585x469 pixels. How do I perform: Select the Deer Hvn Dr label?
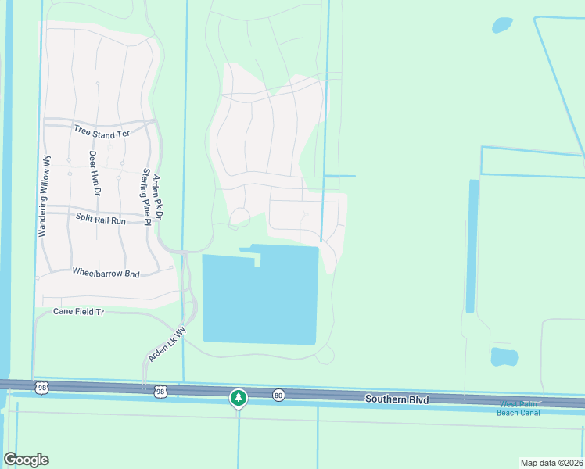[x=95, y=174]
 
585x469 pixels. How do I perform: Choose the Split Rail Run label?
[x=100, y=220]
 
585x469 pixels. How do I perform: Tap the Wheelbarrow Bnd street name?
[x=106, y=273]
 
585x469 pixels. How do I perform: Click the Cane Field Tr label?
[x=78, y=311]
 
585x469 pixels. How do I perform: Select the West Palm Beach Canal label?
[x=518, y=408]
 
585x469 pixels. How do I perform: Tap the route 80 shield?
[x=278, y=396]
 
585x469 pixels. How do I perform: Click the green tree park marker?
[x=239, y=398]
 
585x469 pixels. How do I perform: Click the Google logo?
[x=26, y=460]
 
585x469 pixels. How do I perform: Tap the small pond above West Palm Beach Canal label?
[x=504, y=357]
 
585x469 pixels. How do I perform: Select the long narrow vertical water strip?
[x=472, y=246]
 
